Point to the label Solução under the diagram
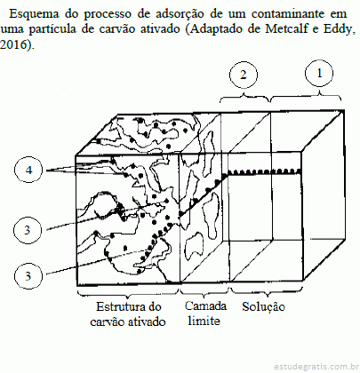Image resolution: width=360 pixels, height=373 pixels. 263,307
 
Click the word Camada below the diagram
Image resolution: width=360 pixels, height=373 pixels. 205,306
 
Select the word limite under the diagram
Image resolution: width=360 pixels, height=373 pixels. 204,321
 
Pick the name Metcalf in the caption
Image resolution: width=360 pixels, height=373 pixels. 287,29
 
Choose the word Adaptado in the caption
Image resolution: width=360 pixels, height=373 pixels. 219,29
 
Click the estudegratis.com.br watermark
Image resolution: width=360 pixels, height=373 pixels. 315,367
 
